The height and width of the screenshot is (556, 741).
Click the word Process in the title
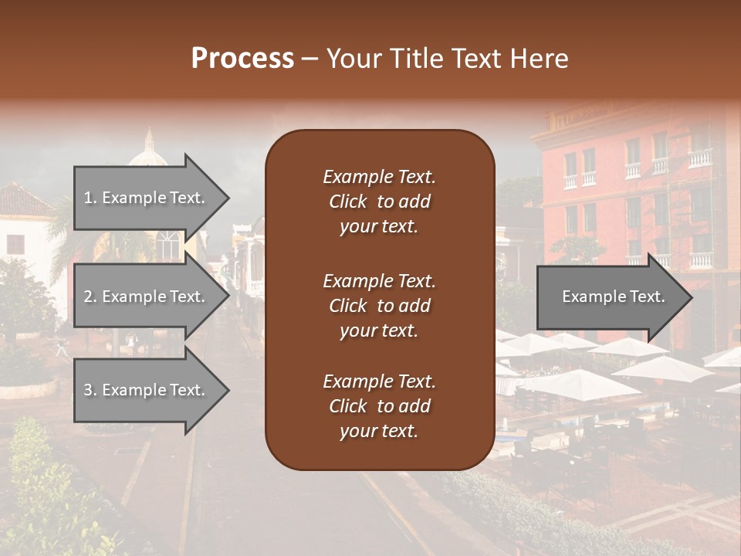(242, 59)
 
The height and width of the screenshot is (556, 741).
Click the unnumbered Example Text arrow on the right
(613, 297)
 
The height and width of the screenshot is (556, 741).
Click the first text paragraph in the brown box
(379, 202)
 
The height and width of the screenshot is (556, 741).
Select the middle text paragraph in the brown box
(379, 306)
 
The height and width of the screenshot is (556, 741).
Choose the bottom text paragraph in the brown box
(379, 406)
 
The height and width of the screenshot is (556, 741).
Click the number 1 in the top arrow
(88, 198)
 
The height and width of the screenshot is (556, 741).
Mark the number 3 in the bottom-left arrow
(88, 391)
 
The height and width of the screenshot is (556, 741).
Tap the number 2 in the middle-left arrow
(88, 297)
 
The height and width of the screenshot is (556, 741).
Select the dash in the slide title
(310, 59)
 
